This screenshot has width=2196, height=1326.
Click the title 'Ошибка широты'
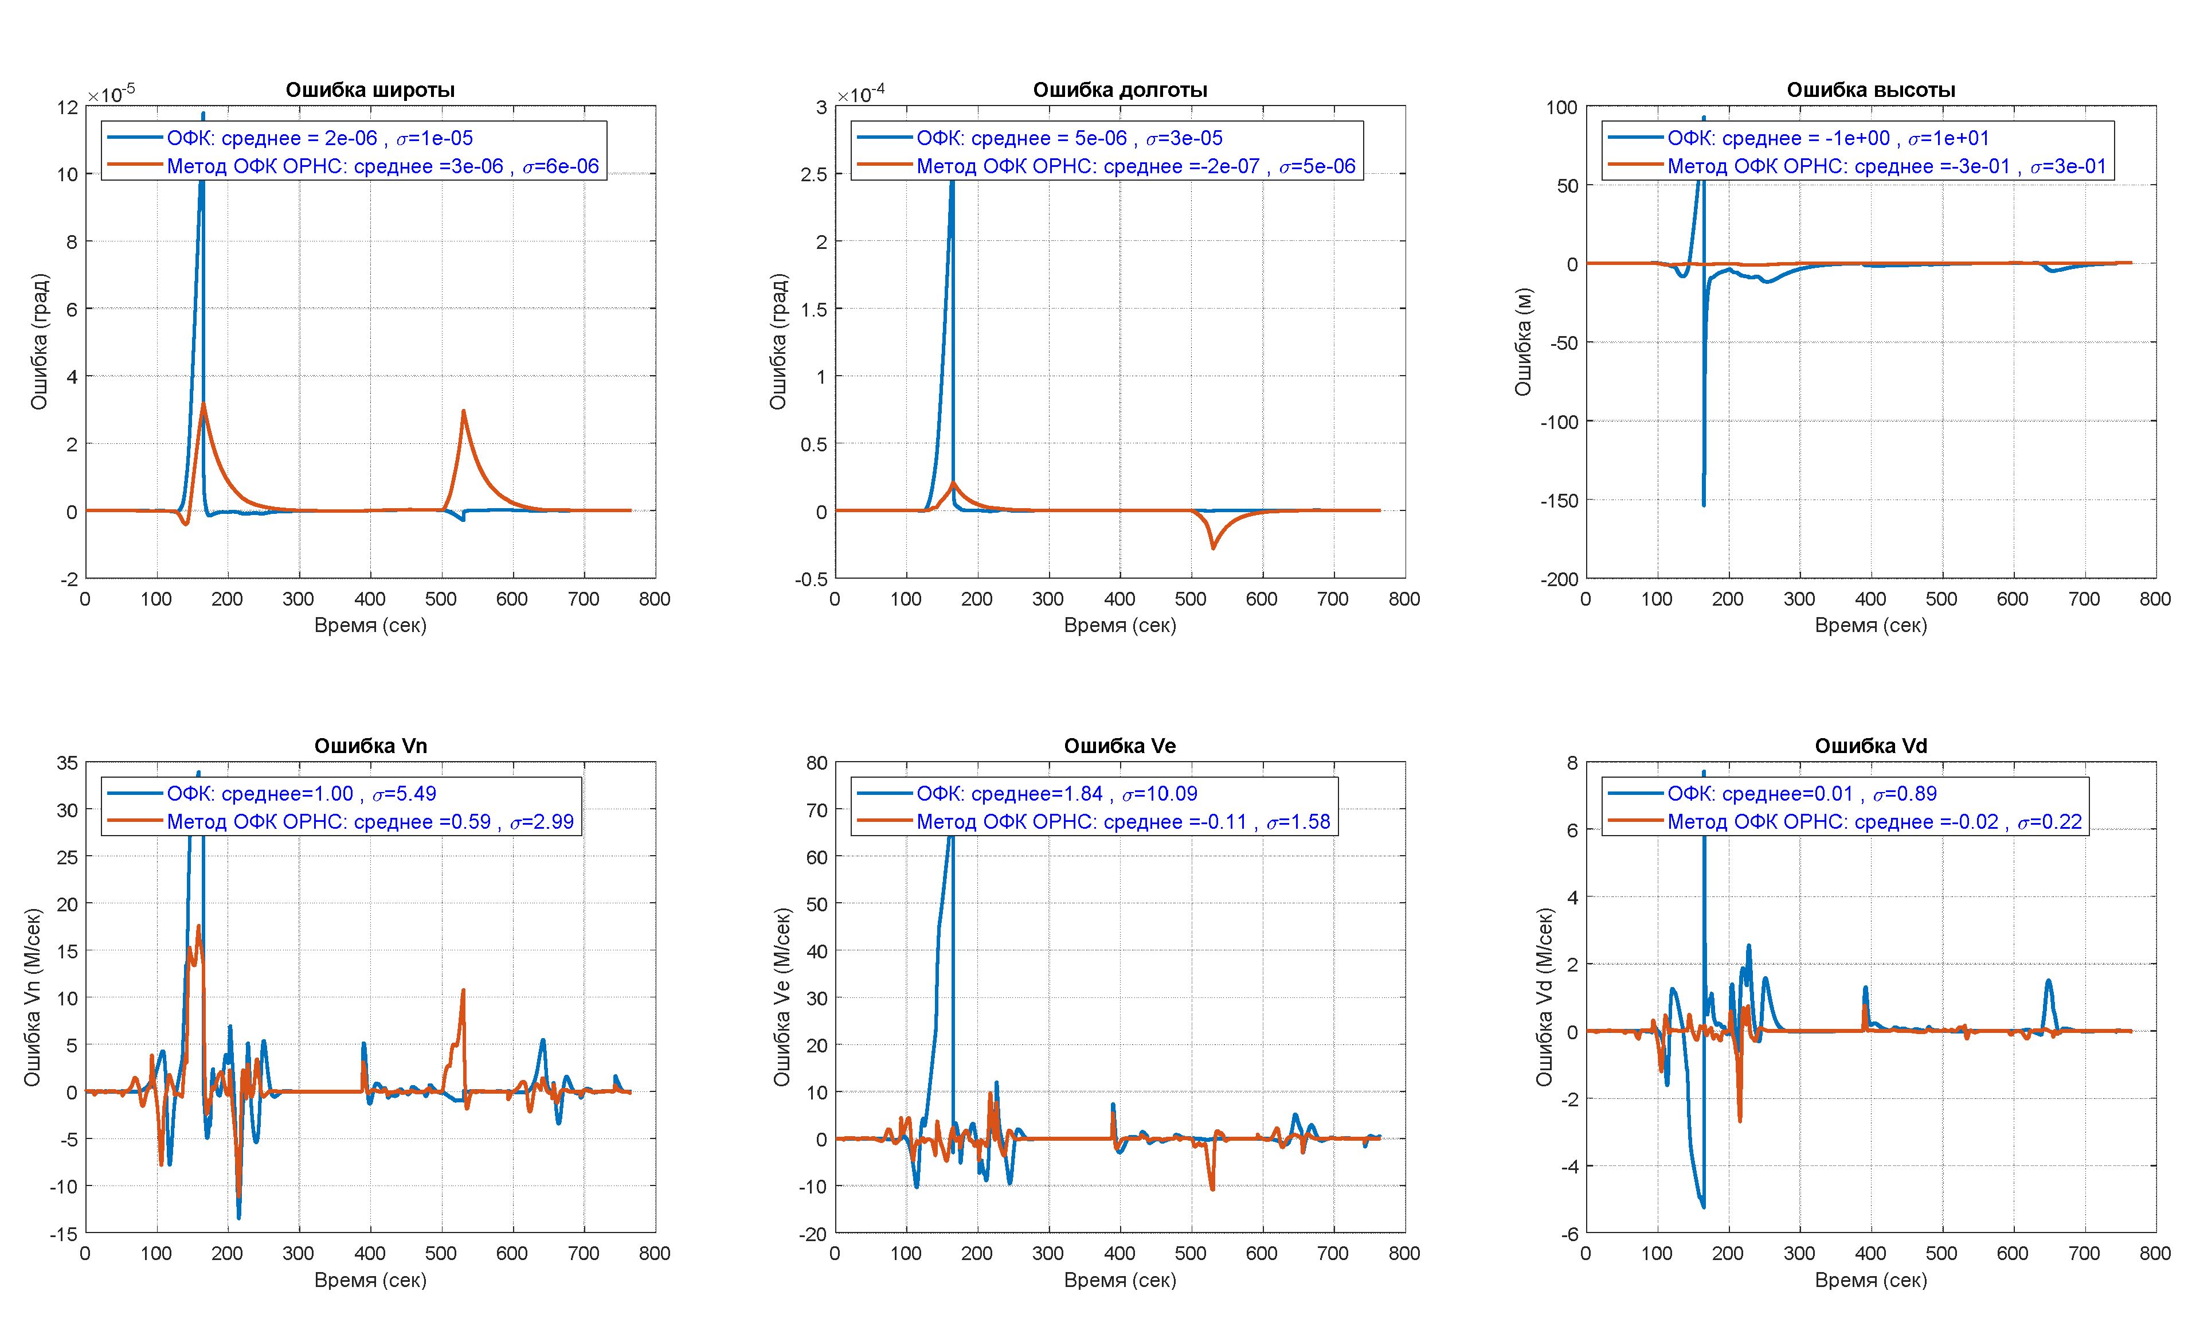370,90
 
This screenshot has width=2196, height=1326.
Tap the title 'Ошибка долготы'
1119,90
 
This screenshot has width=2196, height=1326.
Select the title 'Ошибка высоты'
1871,90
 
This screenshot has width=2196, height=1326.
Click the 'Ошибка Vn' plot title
370,746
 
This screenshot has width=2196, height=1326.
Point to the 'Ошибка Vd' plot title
1871,746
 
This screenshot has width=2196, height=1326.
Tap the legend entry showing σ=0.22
1874,821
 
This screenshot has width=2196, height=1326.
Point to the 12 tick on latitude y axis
68,107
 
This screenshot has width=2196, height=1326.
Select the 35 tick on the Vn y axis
68,762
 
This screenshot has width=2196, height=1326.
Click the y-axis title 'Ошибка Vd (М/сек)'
1544,997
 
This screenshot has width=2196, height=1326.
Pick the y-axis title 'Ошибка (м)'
1523,342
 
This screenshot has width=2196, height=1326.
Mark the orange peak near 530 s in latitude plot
463,411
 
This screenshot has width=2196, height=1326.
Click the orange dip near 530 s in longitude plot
1213,547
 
